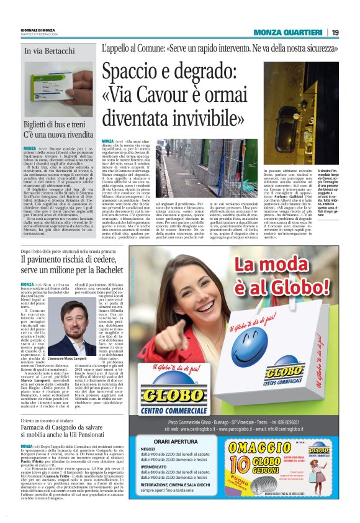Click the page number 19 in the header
[336, 32]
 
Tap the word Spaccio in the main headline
[133, 73]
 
